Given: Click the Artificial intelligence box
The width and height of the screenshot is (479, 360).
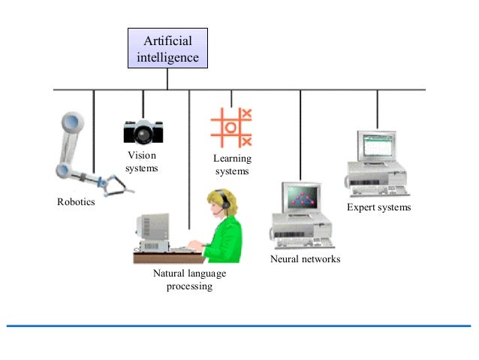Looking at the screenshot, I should point(167,48).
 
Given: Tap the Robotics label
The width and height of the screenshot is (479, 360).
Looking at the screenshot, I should point(76,203).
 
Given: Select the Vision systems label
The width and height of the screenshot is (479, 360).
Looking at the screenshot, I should point(141,162).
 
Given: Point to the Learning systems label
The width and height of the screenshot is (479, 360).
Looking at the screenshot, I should point(232,165).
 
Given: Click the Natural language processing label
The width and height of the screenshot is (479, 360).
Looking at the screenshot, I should point(189,280).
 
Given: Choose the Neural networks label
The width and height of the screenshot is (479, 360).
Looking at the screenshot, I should point(305,259).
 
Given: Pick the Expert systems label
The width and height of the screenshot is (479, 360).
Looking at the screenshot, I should point(378,207).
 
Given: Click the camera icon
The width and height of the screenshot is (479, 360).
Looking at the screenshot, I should point(143,131).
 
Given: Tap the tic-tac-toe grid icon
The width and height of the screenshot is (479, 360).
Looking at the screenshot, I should point(231,127).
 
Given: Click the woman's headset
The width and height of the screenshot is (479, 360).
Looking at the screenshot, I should point(223,201).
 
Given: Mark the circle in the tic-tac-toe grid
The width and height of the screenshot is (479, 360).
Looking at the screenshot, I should point(231,127).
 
